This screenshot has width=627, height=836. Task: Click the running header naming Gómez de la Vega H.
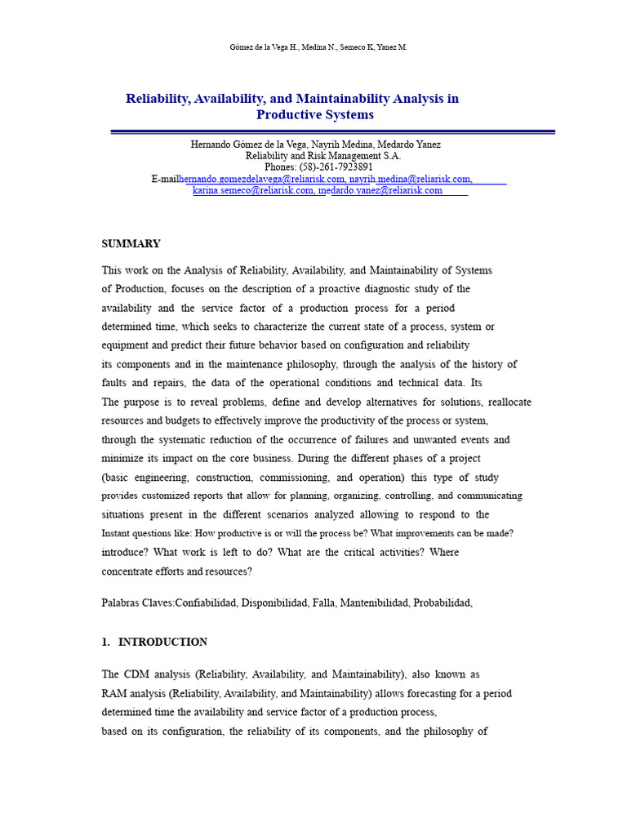(318, 47)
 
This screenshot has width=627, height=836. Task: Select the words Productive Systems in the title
(314, 115)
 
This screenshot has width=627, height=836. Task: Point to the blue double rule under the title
(332, 131)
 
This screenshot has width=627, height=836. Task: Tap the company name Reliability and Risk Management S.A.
(323, 156)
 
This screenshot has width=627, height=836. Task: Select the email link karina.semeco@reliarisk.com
(253, 190)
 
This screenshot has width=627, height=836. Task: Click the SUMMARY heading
(131, 244)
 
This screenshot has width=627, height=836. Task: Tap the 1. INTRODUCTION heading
(154, 643)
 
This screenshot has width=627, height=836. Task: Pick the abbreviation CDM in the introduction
(136, 675)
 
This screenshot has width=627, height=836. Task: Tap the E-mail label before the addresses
(164, 179)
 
